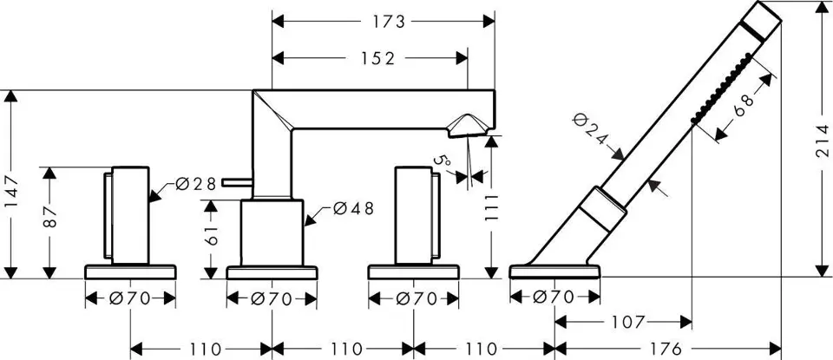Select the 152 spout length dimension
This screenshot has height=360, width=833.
pos(373,59)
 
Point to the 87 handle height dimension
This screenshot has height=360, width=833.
pos(51,219)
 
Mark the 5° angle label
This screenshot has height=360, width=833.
pos(444,160)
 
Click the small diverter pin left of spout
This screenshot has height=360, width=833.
pos(235,182)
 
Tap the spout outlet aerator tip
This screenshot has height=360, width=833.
pos(467,127)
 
